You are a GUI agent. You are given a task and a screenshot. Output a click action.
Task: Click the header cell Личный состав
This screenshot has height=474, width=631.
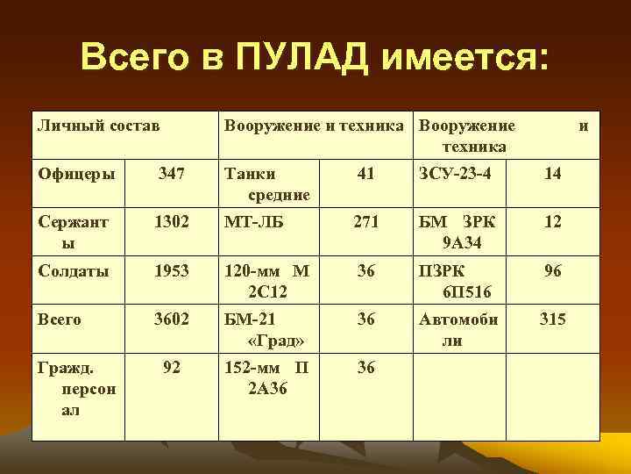pyautogui.click(x=98, y=126)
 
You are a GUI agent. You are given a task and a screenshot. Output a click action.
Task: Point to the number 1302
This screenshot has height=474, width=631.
pyautogui.click(x=172, y=223)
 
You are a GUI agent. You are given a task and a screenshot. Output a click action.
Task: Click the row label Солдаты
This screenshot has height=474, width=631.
pyautogui.click(x=74, y=271)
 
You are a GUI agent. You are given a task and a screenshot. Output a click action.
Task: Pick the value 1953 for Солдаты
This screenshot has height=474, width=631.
pyautogui.click(x=172, y=271)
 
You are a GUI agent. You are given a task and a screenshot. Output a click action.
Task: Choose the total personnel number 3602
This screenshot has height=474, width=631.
pyautogui.click(x=172, y=320)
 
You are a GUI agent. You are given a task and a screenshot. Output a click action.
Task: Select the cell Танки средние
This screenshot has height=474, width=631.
pyautogui.click(x=266, y=183)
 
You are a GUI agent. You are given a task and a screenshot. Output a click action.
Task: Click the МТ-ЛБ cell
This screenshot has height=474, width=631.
pyautogui.click(x=254, y=223)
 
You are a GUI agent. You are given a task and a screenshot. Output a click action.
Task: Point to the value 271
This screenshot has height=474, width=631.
pyautogui.click(x=366, y=223)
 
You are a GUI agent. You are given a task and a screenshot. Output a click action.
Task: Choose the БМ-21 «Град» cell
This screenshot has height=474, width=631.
pyautogui.click(x=266, y=329)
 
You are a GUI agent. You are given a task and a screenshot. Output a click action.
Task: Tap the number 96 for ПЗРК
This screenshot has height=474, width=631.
pyautogui.click(x=552, y=271)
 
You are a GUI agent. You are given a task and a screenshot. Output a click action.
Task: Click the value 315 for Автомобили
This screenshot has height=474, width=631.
pyautogui.click(x=552, y=320)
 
